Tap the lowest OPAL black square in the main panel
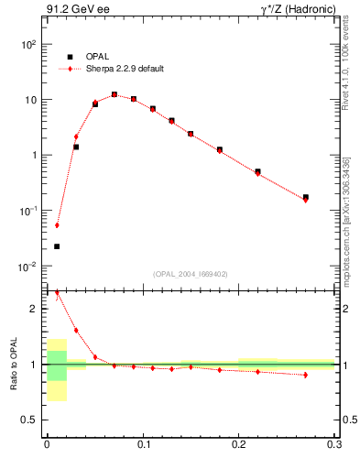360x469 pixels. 57,246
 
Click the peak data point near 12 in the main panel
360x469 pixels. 115,94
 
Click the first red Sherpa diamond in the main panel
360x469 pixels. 57,224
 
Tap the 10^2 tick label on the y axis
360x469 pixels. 28,44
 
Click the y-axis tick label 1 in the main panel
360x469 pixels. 33,155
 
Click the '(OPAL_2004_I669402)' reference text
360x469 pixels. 191,273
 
